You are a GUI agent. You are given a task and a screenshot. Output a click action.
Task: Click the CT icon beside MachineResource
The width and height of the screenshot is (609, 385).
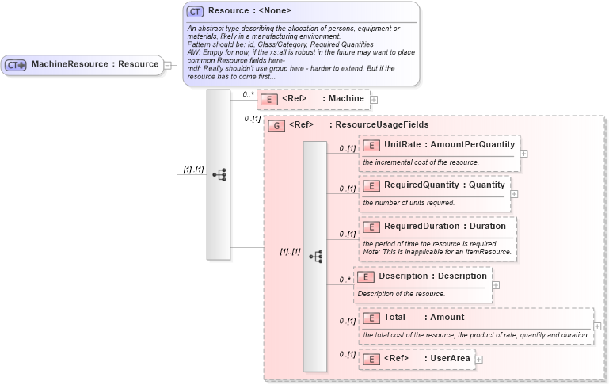click(x=17, y=65)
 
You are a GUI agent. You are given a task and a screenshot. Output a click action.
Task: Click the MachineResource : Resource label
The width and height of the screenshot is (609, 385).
click(x=94, y=64)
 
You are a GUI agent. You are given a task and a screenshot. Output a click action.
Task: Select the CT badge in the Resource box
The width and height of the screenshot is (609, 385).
click(x=195, y=11)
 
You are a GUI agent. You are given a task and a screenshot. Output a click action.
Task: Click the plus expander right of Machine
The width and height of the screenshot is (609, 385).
click(x=374, y=100)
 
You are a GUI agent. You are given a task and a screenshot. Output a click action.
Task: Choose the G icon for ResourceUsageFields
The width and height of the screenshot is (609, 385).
click(x=276, y=125)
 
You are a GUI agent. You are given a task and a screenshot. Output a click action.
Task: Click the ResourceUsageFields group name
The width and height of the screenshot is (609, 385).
click(x=382, y=124)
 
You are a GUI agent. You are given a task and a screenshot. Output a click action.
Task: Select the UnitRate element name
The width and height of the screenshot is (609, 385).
click(x=402, y=145)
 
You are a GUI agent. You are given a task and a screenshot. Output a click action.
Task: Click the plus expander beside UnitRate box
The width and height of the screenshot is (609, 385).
click(x=523, y=154)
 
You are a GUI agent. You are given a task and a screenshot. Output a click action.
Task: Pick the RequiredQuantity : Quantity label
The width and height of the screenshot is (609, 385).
click(x=444, y=185)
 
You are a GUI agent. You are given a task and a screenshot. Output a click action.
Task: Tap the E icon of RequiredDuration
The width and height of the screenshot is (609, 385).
click(x=371, y=227)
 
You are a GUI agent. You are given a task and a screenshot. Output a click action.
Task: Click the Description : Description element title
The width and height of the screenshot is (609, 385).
click(x=432, y=276)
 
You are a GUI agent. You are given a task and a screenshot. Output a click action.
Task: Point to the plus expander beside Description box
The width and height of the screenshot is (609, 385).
click(x=495, y=285)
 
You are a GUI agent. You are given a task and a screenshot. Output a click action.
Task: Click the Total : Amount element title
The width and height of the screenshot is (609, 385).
click(x=424, y=317)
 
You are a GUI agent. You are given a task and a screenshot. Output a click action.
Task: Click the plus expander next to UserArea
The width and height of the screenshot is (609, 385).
click(x=479, y=360)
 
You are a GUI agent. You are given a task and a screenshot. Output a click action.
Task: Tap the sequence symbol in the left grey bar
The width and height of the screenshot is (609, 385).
click(x=218, y=174)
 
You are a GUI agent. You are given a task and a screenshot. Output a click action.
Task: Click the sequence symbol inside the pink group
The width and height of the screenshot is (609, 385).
click(x=315, y=257)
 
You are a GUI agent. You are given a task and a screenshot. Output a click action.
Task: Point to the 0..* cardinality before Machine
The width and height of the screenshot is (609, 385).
click(x=249, y=94)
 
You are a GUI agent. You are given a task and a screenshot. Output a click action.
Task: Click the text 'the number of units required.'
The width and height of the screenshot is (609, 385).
click(x=409, y=203)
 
